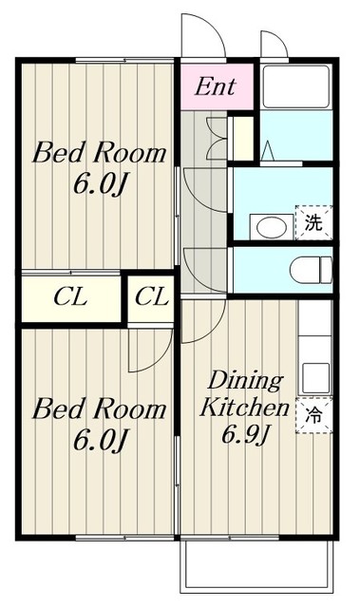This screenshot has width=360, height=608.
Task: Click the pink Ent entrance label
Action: pyautogui.click(x=216, y=86)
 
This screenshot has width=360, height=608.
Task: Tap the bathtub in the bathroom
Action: pyautogui.click(x=295, y=88)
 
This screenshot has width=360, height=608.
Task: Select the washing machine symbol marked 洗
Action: pyautogui.click(x=313, y=223)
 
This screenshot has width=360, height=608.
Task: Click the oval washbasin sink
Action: pyautogui.click(x=270, y=227)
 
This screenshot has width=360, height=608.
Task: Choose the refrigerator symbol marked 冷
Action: pyautogui.click(x=313, y=414)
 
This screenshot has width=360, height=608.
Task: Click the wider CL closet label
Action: pyautogui.click(x=69, y=297)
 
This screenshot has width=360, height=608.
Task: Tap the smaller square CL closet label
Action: pyautogui.click(x=151, y=297)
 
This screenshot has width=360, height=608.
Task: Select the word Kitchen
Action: pyautogui.click(x=243, y=409)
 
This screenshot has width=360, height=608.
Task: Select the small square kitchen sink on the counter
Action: pyautogui.click(x=314, y=369)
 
